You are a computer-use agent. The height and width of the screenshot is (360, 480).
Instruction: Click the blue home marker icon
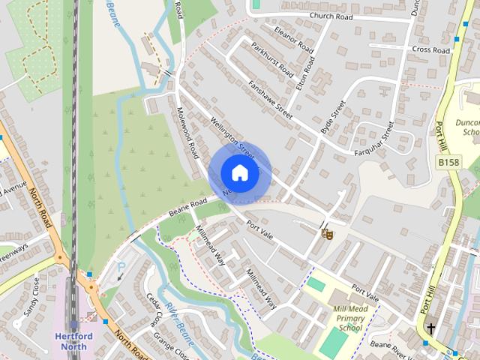[239, 173]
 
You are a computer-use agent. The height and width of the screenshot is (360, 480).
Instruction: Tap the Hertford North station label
[73, 341]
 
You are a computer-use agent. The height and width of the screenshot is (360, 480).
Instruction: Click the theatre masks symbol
[326, 234]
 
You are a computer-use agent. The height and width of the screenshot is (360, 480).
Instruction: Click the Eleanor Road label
[293, 40]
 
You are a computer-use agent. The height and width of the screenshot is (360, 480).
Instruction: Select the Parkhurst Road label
[272, 60]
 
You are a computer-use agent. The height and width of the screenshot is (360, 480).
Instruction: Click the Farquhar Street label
[374, 139]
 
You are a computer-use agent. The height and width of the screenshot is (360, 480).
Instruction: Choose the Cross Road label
[430, 50]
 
